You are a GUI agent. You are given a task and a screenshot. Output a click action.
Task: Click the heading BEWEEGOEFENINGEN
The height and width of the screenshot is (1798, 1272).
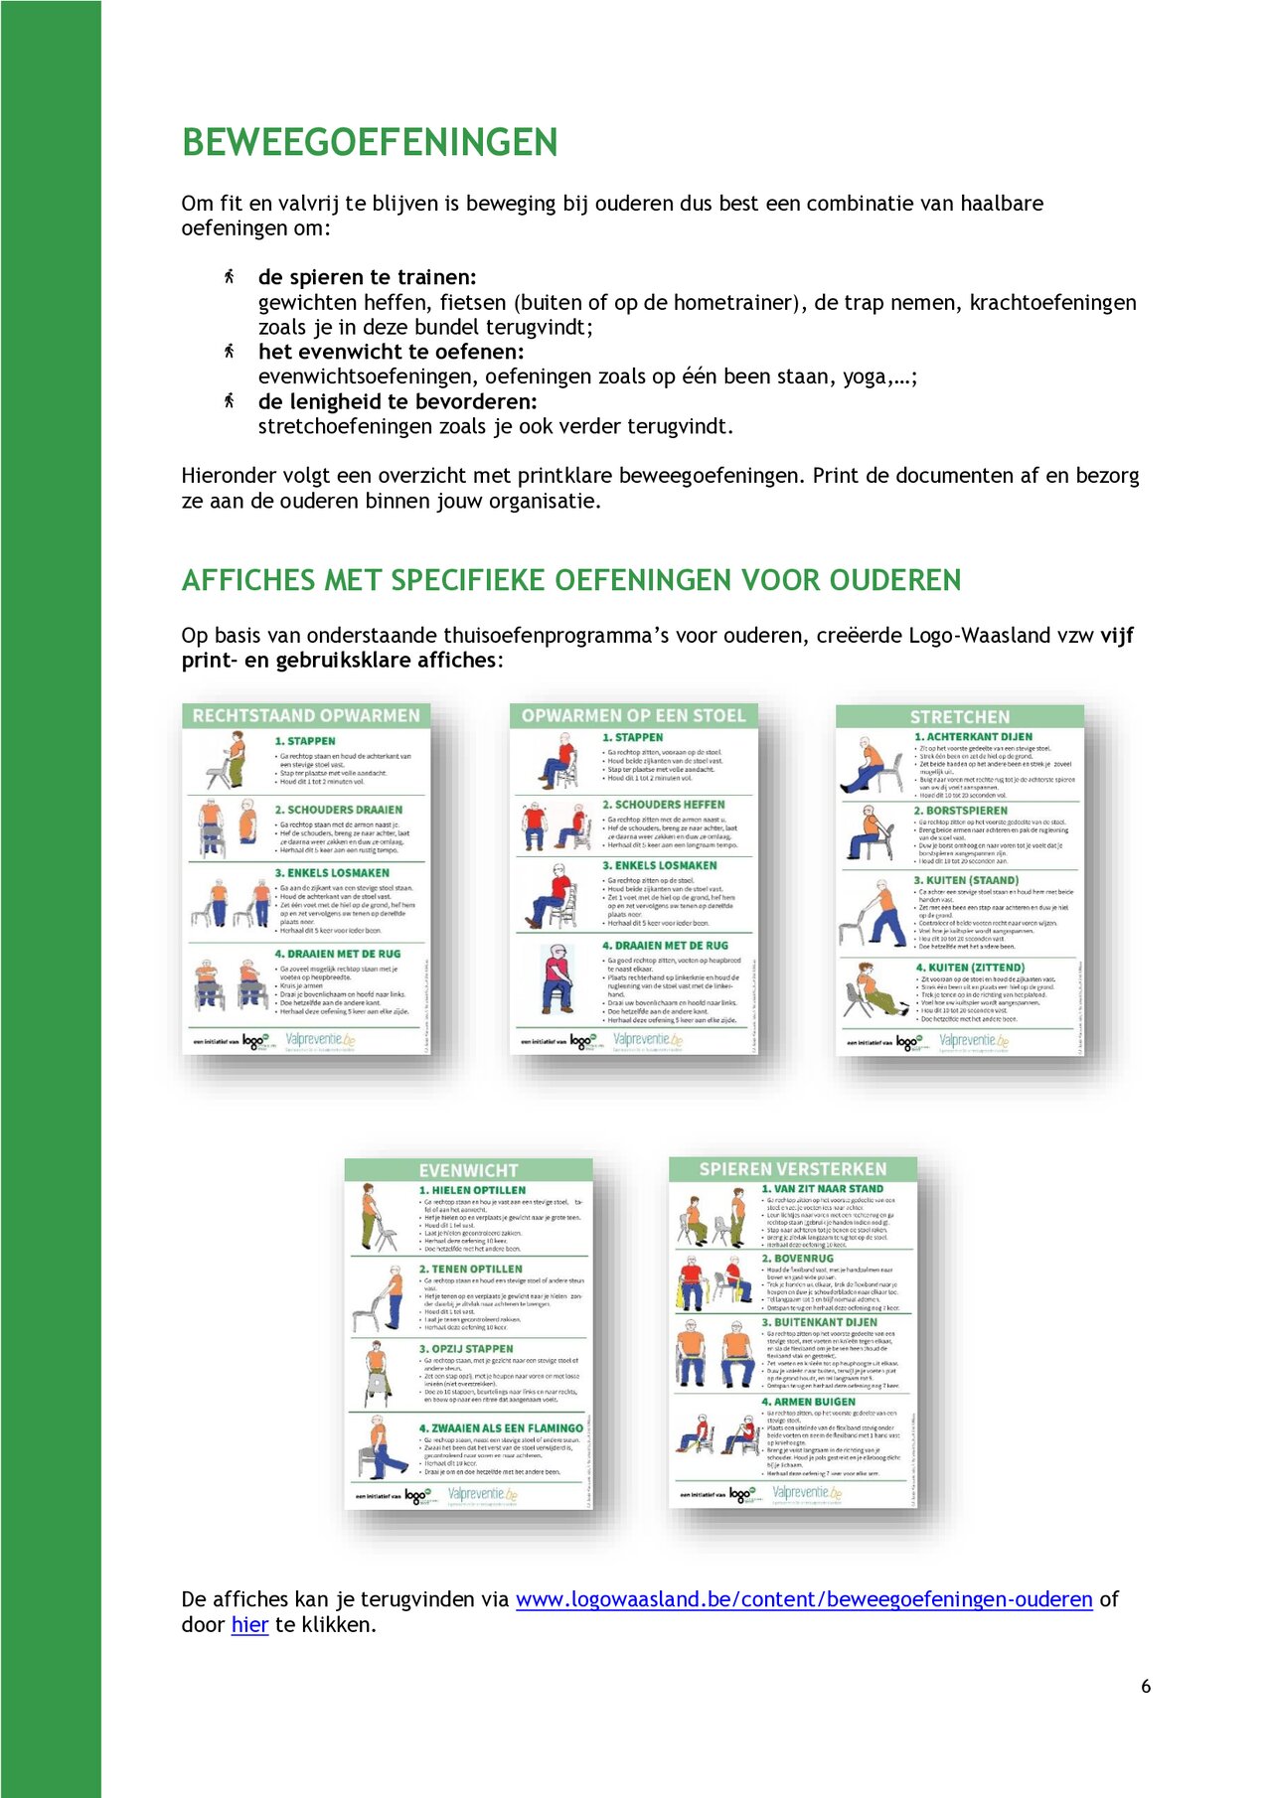pos(369,142)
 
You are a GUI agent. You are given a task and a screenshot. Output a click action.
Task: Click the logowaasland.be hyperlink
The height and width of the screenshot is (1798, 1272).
pos(803,1599)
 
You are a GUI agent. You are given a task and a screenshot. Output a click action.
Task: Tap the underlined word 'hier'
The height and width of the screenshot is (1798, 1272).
pos(249,1625)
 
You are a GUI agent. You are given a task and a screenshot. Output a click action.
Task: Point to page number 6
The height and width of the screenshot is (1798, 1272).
pos(1146,1686)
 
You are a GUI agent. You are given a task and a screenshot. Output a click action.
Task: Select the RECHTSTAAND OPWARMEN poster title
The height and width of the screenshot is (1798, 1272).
pos(306,715)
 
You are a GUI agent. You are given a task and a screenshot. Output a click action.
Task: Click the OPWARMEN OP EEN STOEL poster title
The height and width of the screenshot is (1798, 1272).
pos(633,715)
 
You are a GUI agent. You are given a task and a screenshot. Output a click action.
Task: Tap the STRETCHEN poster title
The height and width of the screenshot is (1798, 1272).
pos(959,716)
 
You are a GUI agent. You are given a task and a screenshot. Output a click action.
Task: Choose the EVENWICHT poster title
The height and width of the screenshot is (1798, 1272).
pos(468,1170)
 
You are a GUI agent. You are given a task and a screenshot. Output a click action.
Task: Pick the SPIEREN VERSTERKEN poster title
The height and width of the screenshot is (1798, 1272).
pos(792,1169)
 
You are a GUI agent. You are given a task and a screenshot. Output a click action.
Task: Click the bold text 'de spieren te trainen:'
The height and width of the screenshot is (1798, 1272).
pos(367,277)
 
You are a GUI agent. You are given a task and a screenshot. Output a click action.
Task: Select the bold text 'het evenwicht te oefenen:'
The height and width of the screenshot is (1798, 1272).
pos(391,352)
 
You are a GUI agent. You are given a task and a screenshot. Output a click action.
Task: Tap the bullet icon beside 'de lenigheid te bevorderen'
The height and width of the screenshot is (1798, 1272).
pos(229,400)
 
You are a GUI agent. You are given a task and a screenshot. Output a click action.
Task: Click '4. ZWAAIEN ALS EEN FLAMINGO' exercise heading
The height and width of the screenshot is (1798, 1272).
pos(501,1427)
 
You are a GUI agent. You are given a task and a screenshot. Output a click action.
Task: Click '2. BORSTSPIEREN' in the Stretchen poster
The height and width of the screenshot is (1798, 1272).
pos(960,811)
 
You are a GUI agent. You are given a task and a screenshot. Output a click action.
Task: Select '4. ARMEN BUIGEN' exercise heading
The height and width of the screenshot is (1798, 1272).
pos(808,1402)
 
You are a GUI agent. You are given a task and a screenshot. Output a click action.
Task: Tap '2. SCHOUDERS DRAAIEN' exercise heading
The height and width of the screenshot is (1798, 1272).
pos(338,810)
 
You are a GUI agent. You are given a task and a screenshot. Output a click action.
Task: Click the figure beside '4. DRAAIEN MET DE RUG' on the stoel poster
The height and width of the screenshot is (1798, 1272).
pos(557,978)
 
